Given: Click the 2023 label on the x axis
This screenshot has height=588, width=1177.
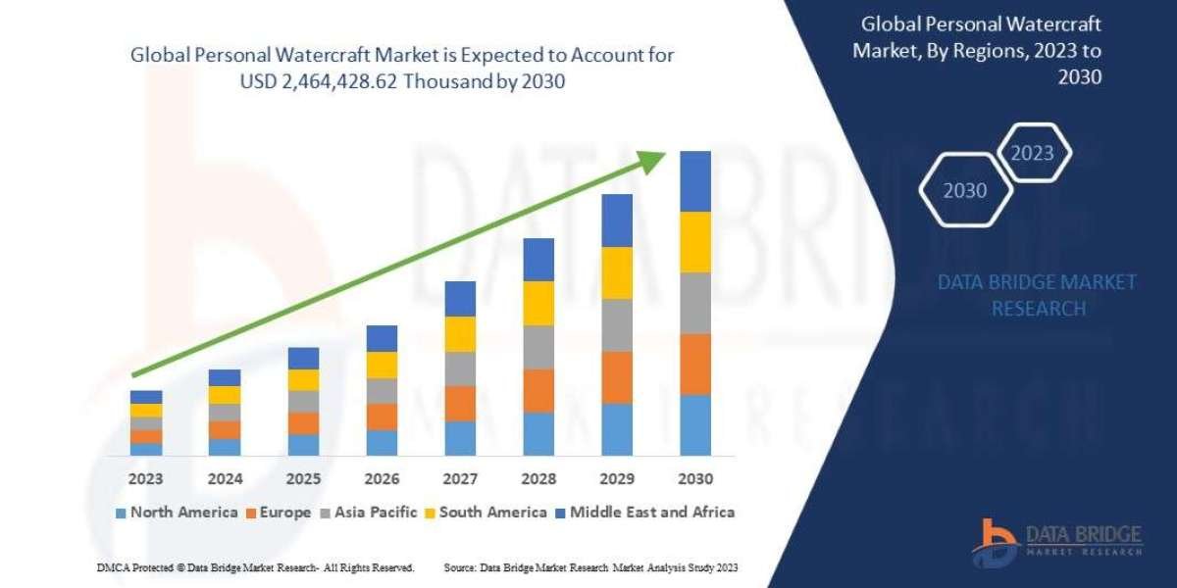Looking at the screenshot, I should click(146, 479).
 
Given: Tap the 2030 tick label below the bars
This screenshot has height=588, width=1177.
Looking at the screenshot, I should click(695, 479).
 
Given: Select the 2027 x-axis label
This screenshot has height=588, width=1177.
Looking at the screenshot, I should click(460, 479).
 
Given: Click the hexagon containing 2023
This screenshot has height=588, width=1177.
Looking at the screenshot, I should click(1032, 153).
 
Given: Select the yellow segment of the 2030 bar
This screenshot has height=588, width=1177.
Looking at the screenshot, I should click(695, 242).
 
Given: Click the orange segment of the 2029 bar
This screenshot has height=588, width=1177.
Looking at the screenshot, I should click(617, 377).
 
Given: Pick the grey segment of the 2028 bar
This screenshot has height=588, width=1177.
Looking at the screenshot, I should click(538, 347).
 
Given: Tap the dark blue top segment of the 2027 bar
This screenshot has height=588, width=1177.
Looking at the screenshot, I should click(460, 299).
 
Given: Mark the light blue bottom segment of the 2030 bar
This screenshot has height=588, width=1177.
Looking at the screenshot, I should click(695, 425).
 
